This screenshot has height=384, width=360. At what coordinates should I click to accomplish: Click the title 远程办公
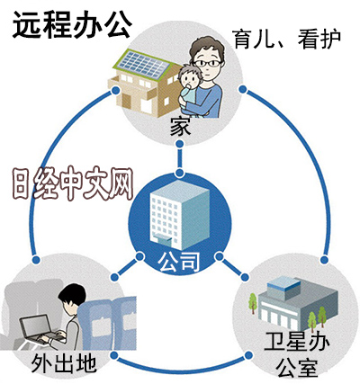(x=72, y=25)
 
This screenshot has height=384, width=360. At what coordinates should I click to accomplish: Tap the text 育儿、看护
(x=287, y=40)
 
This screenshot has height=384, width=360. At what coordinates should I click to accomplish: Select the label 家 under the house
(x=180, y=128)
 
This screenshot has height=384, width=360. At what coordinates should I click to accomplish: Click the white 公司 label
(x=179, y=262)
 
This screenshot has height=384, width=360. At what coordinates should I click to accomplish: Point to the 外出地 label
(x=64, y=363)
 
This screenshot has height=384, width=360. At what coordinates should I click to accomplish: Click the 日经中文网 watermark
(x=74, y=183)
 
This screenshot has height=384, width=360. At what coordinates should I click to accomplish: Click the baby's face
(x=188, y=78)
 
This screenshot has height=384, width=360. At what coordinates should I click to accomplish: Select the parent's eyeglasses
(x=207, y=63)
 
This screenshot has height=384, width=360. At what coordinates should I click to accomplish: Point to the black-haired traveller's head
(x=72, y=297)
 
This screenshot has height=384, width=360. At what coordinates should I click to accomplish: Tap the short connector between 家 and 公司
(x=179, y=158)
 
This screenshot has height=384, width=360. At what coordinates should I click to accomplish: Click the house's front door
(x=127, y=101)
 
